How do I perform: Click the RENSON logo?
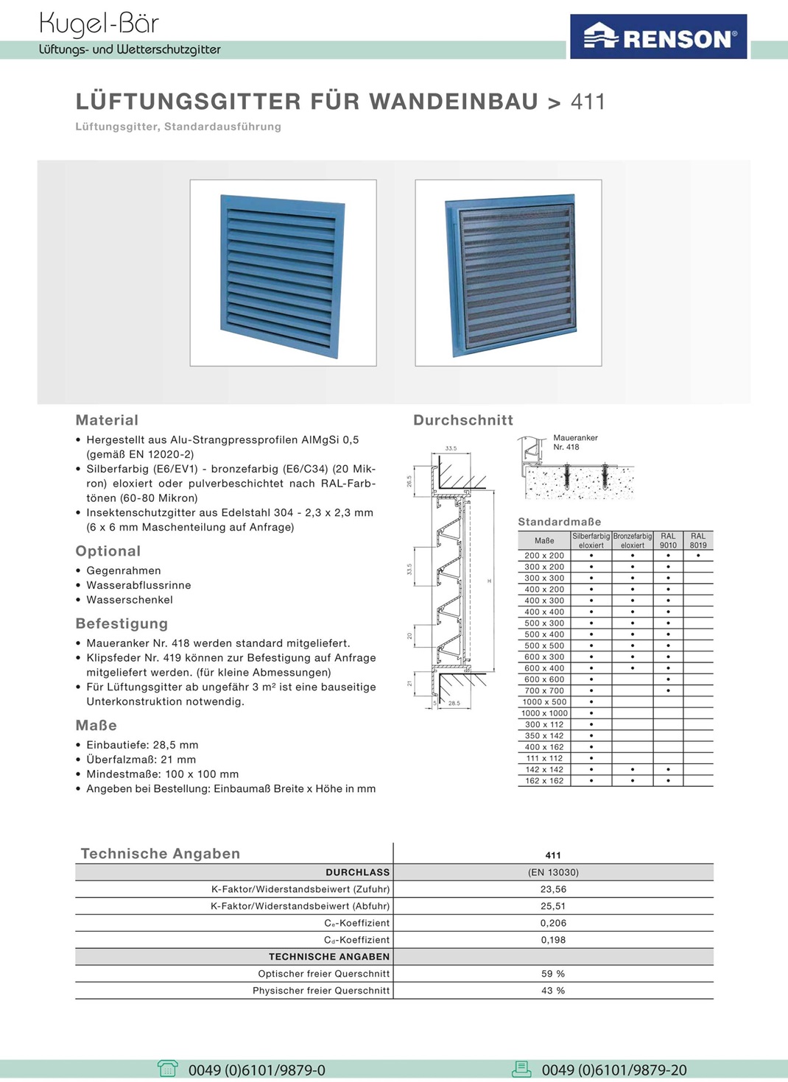tap(658, 37)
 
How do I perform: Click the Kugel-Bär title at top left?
tap(99, 24)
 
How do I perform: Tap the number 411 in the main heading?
tap(588, 102)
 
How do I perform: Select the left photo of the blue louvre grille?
tap(283, 273)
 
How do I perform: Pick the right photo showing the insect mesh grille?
tap(508, 273)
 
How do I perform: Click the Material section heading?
tap(107, 420)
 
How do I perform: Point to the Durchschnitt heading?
tap(462, 420)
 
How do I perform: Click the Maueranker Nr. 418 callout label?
tap(575, 442)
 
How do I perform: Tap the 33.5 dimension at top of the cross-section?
tap(451, 448)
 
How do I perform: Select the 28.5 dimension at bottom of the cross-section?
tap(454, 704)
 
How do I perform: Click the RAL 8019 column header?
tap(698, 541)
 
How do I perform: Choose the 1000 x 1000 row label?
tap(544, 713)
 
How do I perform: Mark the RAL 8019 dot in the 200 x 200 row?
tap(698, 556)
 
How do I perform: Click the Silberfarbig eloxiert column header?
tap(591, 541)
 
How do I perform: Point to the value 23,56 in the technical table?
tap(553, 889)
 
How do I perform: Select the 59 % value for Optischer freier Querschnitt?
tap(553, 974)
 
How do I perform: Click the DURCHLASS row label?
tap(358, 872)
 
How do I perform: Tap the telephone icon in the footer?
tap(168, 1069)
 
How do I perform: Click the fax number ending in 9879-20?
tap(614, 1070)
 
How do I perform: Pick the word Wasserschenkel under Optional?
tap(130, 600)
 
